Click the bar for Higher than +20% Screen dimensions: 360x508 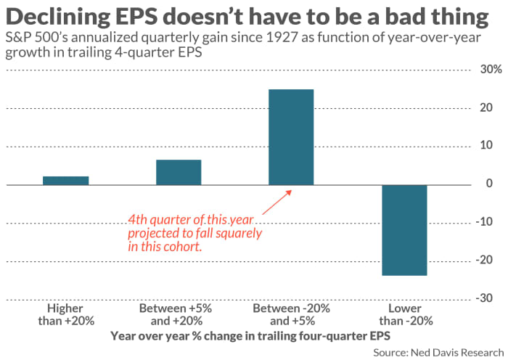[x=65, y=181]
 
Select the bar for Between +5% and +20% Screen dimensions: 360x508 [x=179, y=173]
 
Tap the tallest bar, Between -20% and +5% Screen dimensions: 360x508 [x=291, y=137]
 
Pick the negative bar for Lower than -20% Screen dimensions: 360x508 [x=405, y=230]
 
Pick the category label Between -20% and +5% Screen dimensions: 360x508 [x=291, y=314]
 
